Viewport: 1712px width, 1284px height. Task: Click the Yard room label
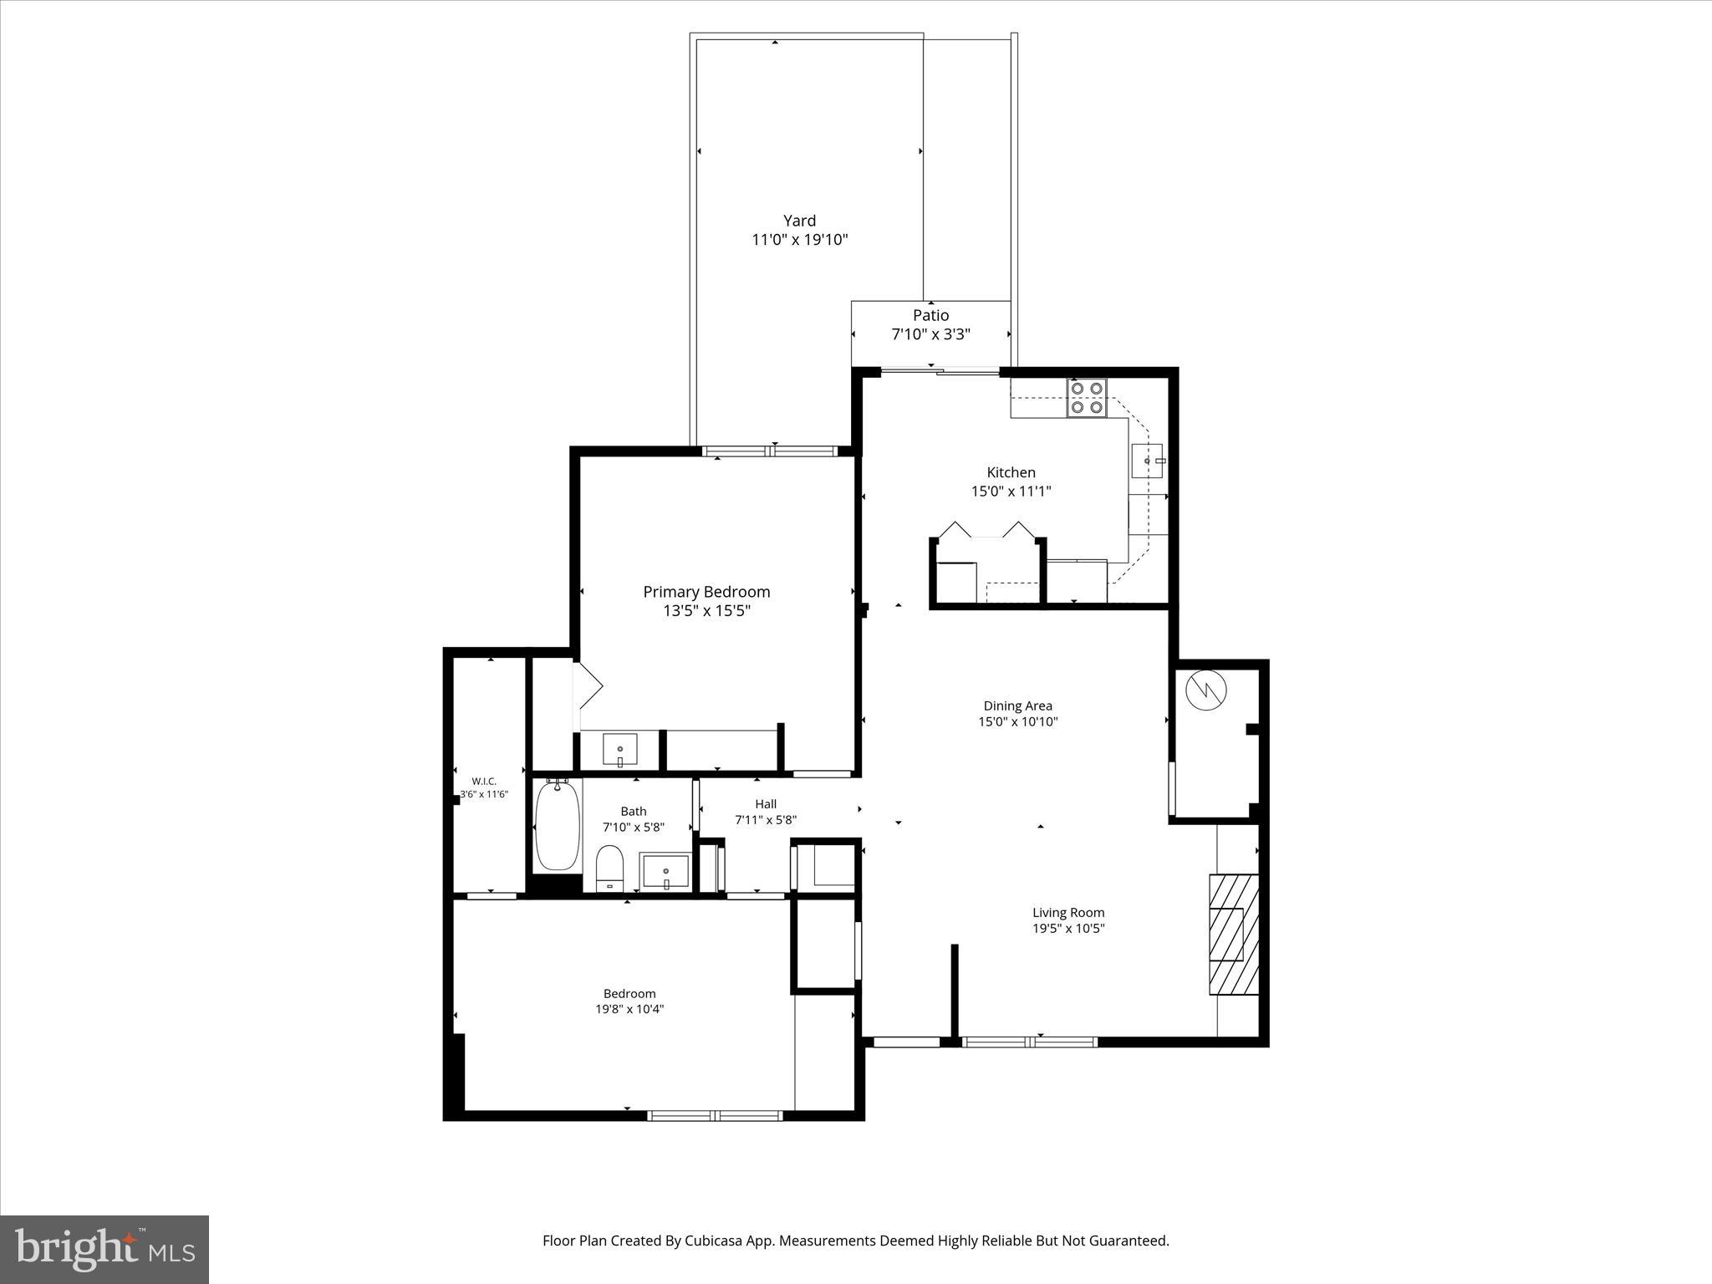799,221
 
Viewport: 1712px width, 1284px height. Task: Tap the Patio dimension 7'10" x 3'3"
930,334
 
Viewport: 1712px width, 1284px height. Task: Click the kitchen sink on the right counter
1147,461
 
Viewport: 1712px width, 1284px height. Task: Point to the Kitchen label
1011,472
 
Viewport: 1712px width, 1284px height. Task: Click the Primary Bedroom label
706,592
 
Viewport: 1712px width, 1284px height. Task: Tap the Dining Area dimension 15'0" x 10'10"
1017,721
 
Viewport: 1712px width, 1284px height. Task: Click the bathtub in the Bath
557,825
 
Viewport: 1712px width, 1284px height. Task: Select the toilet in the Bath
609,869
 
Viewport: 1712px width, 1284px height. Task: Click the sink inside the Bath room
665,873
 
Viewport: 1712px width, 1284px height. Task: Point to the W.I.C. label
484,781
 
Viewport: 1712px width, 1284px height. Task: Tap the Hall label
766,804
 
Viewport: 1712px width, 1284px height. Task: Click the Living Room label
1067,913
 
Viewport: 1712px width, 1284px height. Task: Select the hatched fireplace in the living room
1233,934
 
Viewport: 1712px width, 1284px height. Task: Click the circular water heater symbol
1205,690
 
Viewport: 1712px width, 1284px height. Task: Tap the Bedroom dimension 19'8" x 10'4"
629,1009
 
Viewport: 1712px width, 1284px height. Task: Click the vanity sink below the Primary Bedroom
619,749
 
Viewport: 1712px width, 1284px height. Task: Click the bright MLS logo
104,1249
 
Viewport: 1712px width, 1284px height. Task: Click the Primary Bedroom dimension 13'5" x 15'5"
706,611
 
